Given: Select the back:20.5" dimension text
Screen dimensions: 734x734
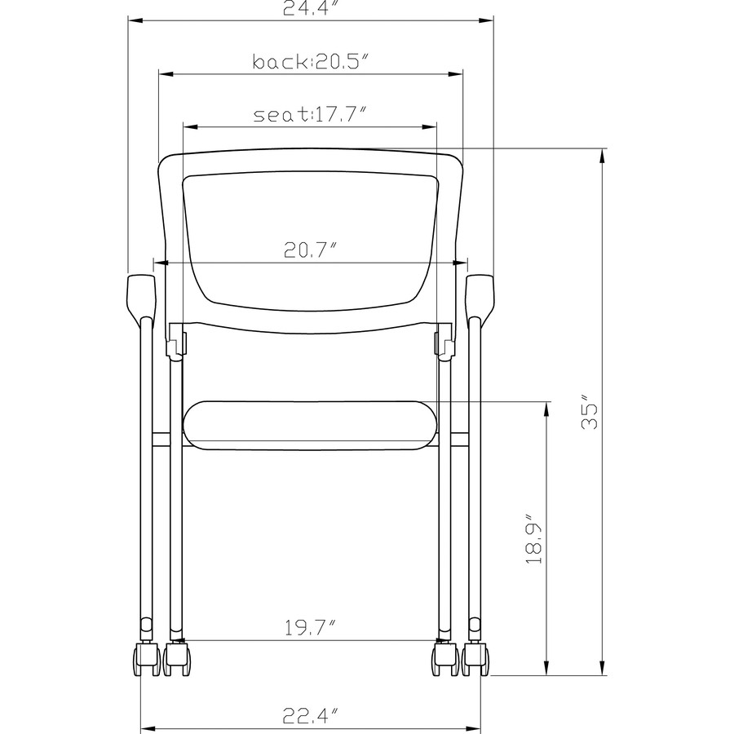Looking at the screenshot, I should (311, 62).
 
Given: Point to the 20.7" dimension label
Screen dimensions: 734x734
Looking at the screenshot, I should (310, 250).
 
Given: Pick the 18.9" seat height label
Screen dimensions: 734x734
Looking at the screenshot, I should (534, 539).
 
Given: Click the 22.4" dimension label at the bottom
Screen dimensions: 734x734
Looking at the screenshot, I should (310, 716).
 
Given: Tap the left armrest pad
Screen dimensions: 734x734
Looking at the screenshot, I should (141, 295).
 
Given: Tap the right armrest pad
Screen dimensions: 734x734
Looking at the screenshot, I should (480, 295).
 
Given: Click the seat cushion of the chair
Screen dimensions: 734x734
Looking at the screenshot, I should (310, 424).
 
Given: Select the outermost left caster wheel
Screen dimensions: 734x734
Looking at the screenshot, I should (144, 659).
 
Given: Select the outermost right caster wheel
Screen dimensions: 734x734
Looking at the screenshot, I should (477, 659).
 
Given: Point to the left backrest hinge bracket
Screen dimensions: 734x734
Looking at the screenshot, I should (176, 342).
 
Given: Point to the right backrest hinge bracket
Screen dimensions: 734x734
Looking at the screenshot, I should (444, 342).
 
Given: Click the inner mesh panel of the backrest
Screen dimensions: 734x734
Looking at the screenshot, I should (310, 237).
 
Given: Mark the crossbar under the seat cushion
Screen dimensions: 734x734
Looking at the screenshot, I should (310, 447).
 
